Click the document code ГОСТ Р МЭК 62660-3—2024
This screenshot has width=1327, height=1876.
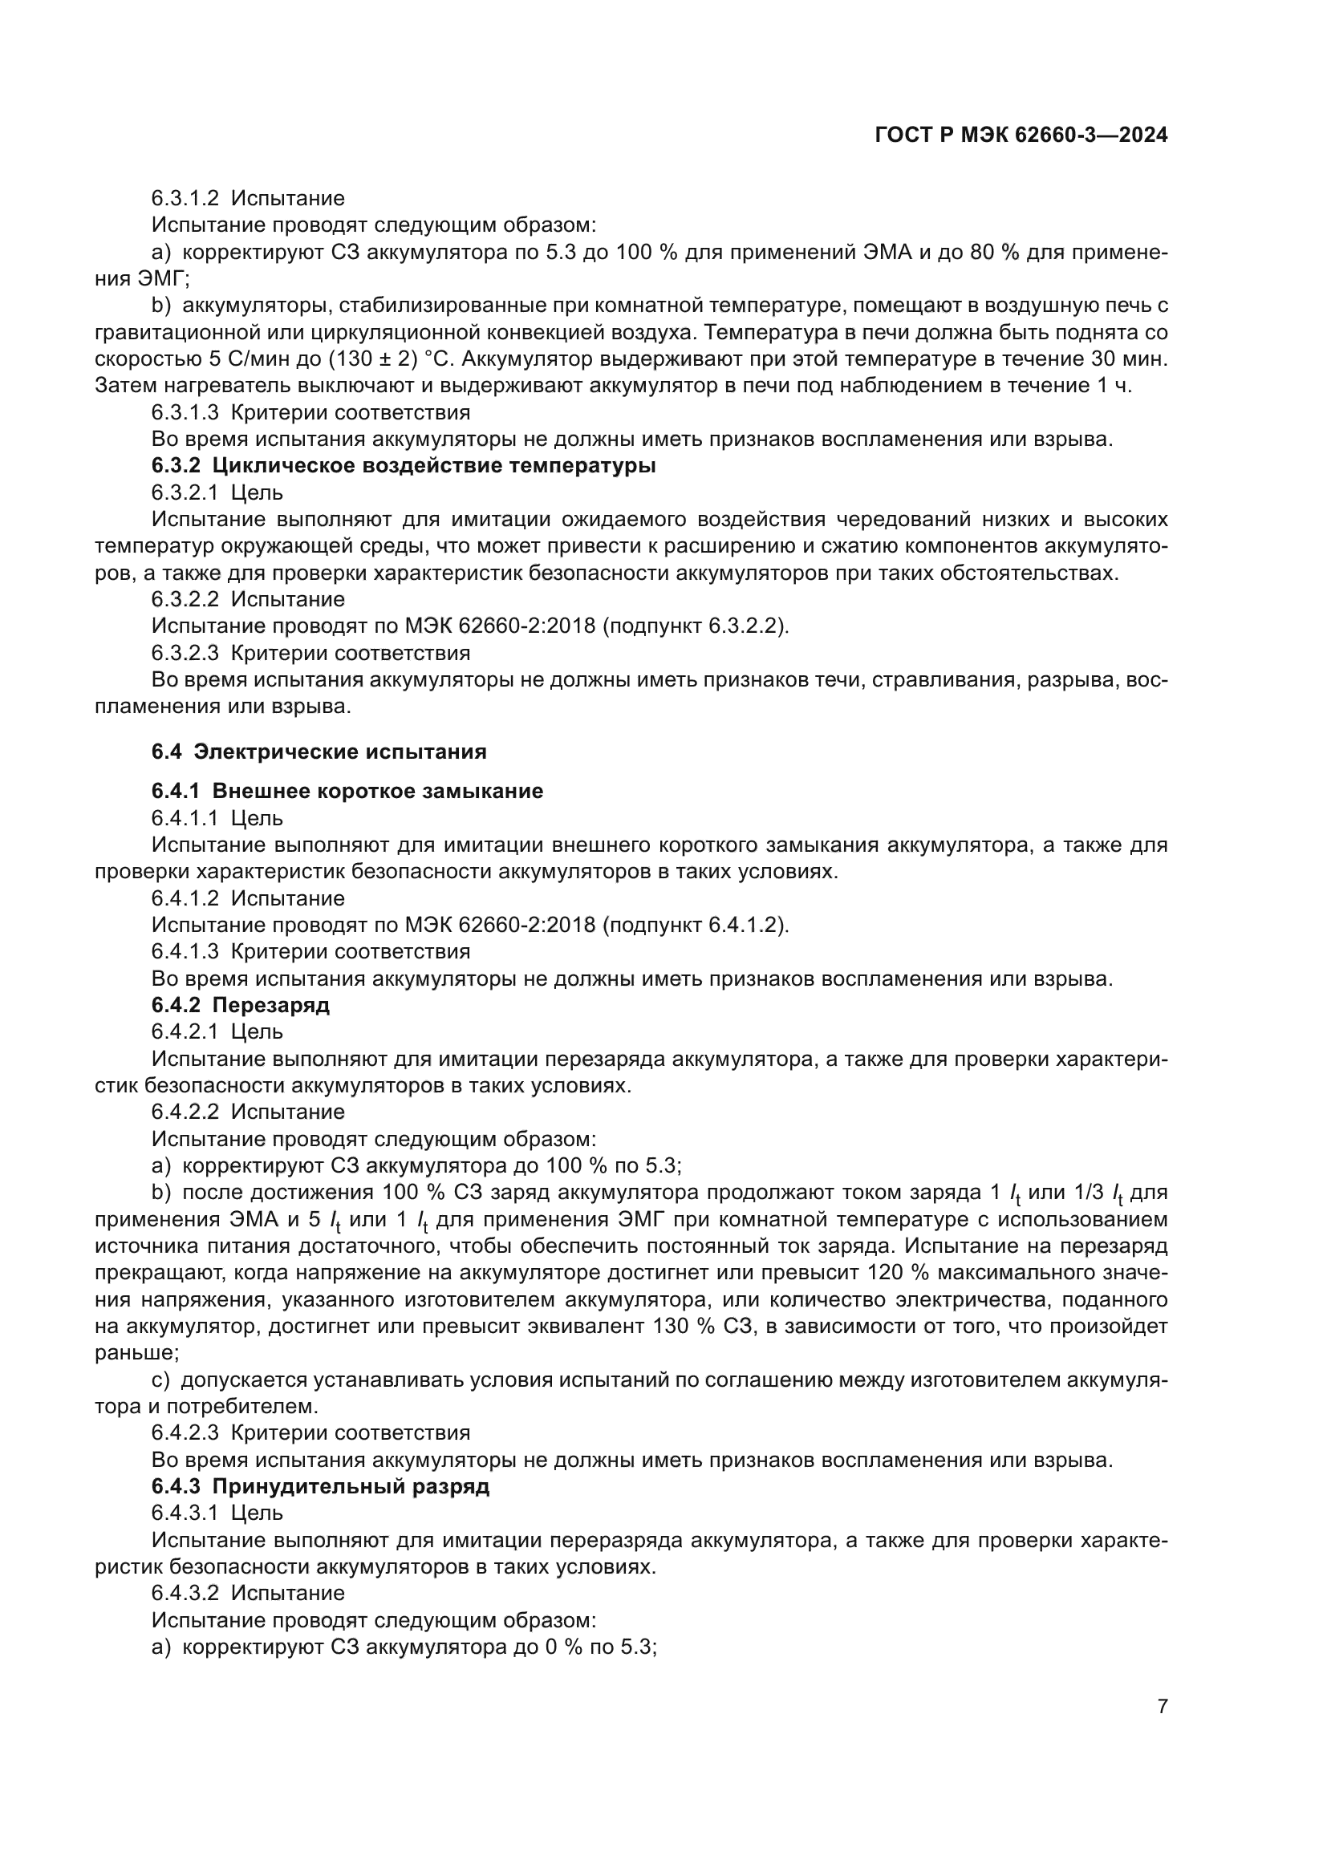pos(1021,136)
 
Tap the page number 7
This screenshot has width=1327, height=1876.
pos(1162,1706)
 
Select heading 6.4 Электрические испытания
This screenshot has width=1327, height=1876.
pos(319,752)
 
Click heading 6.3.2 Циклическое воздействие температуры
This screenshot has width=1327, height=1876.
pos(404,466)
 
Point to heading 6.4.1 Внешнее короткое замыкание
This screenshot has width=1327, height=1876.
pos(347,791)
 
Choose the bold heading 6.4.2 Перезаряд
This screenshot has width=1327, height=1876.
pos(240,1005)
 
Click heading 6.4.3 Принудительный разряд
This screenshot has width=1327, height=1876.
pos(320,1486)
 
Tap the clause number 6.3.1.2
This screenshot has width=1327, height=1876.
pos(185,199)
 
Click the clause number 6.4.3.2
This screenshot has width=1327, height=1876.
pos(185,1594)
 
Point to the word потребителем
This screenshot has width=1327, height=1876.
pos(241,1407)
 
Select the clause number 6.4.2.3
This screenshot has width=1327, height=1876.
pos(185,1433)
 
